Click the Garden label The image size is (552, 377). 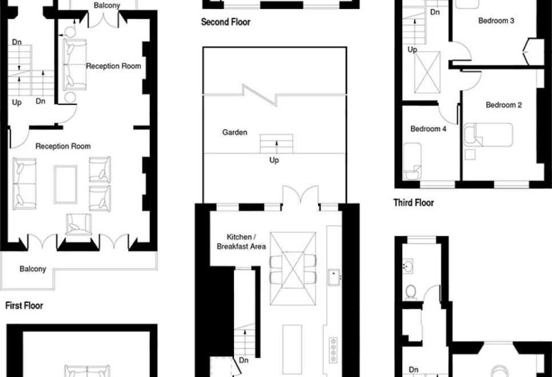coord(235,133)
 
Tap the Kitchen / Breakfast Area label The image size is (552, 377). coord(241,242)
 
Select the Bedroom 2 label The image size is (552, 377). coord(503,105)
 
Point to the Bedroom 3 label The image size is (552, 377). coord(496,21)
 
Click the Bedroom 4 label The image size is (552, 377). coord(428,129)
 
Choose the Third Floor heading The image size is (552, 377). coord(414,203)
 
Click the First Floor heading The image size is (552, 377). coord(24,305)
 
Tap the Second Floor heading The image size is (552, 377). coord(225,22)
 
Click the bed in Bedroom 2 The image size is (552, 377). coord(489,135)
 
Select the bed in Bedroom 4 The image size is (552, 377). coord(412,161)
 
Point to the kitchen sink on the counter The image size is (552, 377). coord(333,278)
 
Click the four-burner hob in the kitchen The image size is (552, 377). coord(333,350)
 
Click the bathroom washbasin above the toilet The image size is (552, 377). coord(408,266)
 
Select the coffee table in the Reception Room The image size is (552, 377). coord(65,185)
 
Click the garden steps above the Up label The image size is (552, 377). coord(276,144)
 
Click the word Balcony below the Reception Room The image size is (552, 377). coord(33,269)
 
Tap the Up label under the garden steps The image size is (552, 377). coord(274,161)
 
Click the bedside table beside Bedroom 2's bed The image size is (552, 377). coord(470,154)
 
